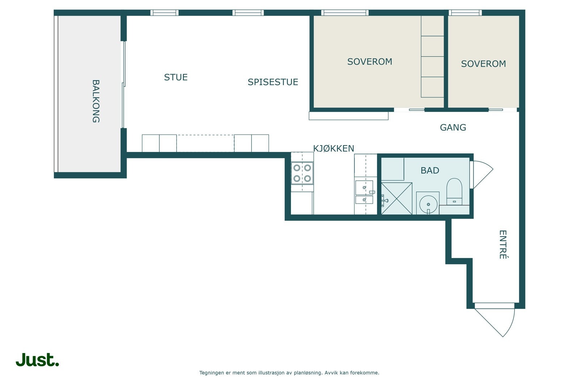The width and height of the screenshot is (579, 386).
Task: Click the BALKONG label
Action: [x=96, y=101]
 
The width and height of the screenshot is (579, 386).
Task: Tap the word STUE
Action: [x=176, y=77]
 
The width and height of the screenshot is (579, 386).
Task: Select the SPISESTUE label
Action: [x=273, y=82]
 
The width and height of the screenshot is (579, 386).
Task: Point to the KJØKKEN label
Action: [x=333, y=148]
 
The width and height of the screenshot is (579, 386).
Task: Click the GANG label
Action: [x=453, y=127]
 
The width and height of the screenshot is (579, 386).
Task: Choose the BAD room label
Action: [x=430, y=170]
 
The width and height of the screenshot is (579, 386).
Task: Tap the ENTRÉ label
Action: [x=503, y=245]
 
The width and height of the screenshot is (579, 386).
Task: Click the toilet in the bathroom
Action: [x=454, y=191]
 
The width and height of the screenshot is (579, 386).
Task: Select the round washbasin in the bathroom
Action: [x=428, y=204]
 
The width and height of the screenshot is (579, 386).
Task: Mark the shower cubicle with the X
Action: [x=397, y=198]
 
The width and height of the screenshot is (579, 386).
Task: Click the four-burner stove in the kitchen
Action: [x=302, y=173]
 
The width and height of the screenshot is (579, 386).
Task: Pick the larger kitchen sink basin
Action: [x=364, y=188]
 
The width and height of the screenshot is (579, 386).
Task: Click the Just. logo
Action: [x=37, y=360]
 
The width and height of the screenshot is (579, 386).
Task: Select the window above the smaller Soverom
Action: [x=465, y=13]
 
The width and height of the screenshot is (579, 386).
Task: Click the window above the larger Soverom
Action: [x=345, y=13]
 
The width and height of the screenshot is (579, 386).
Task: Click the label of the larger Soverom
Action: [x=369, y=62]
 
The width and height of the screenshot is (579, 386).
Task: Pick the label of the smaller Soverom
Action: [x=483, y=64]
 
